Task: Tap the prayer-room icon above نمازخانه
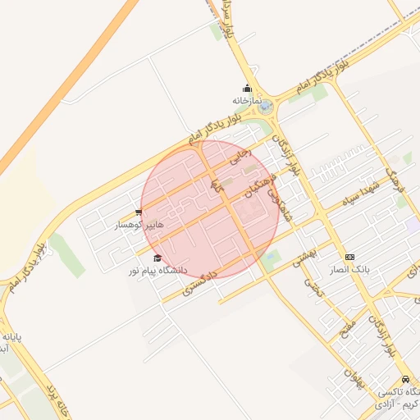click(247, 89)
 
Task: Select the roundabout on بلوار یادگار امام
click(264, 107)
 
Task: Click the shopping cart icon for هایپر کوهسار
click(139, 212)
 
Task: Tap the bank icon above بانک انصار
click(350, 257)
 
